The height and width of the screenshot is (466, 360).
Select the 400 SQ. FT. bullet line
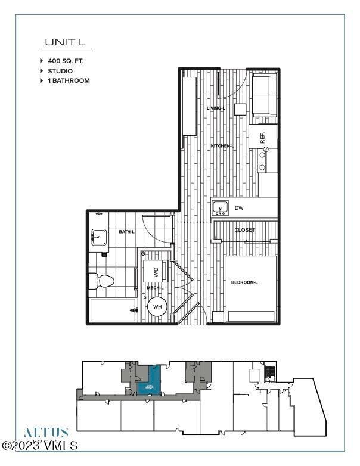coord(70,61)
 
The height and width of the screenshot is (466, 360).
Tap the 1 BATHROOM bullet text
coord(69,80)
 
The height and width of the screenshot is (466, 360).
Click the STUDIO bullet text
coord(60,71)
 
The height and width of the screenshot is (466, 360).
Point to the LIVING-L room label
coord(215,108)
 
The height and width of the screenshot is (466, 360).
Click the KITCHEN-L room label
coord(222,146)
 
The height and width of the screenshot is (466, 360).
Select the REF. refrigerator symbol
coord(262,138)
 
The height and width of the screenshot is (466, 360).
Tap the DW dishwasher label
coord(239,208)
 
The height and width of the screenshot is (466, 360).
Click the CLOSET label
coord(244,230)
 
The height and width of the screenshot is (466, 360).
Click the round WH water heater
coord(157,307)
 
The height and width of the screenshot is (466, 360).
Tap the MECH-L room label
coord(155,288)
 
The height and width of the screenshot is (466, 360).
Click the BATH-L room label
coord(126,231)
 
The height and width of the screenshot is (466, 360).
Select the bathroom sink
coord(99,237)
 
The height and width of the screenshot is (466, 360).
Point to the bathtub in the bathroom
coord(113,310)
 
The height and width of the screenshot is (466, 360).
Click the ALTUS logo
coord(46,433)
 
